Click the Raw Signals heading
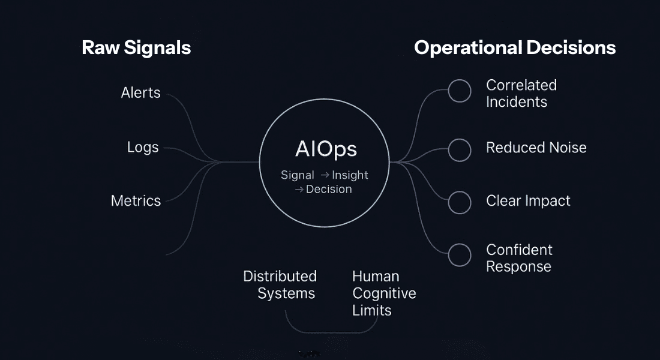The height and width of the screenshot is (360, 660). (x=136, y=47)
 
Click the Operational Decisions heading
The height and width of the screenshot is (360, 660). (x=515, y=47)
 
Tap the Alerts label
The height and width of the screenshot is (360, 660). (x=140, y=92)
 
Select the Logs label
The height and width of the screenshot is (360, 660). (x=143, y=147)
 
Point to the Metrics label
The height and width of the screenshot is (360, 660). (x=136, y=200)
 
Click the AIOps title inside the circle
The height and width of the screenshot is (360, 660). (x=326, y=149)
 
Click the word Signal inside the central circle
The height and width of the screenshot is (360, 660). (x=298, y=175)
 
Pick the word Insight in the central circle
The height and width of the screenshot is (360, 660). (x=350, y=175)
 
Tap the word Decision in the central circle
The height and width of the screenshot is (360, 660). (x=329, y=189)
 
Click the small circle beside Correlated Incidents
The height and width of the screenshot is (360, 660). (x=460, y=91)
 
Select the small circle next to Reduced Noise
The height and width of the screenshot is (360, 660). (x=460, y=150)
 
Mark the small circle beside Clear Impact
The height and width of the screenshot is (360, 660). (x=460, y=202)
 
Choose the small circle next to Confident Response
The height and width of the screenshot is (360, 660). (x=460, y=254)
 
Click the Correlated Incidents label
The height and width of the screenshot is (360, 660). (x=521, y=94)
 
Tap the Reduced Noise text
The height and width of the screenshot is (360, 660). (x=536, y=148)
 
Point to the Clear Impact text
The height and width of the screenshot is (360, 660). (x=528, y=200)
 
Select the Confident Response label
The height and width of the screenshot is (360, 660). (x=519, y=258)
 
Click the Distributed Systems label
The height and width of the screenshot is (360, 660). (x=280, y=285)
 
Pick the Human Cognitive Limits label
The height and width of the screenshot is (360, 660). (x=384, y=293)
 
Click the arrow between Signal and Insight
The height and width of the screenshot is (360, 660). (x=325, y=175)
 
